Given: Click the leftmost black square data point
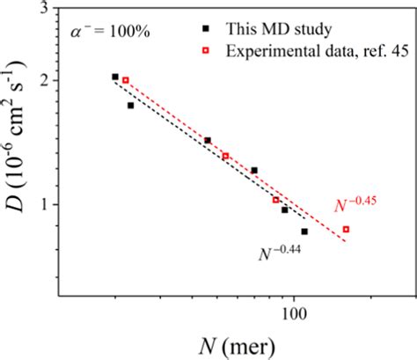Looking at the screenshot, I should (x=115, y=77).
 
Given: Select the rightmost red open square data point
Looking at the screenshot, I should (x=346, y=229).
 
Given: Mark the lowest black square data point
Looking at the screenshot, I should (x=304, y=231).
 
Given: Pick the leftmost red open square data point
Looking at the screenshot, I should (x=126, y=80).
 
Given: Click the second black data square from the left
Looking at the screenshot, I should (x=130, y=106).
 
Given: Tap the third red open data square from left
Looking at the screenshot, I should (x=275, y=200).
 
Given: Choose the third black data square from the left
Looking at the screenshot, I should (x=208, y=140).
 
